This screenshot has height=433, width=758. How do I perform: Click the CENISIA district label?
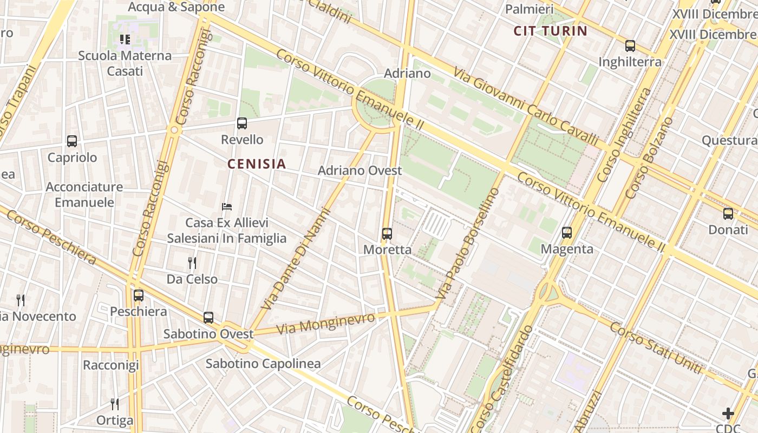(x=257, y=164)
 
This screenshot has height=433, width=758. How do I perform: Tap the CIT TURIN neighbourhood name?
(x=551, y=31)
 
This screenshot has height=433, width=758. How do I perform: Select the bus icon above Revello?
(x=242, y=123)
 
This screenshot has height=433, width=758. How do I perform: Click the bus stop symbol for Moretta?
(x=387, y=234)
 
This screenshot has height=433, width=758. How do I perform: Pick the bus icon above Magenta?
(x=567, y=233)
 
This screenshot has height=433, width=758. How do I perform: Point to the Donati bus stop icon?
(x=728, y=214)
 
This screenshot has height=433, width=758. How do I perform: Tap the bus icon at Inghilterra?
(x=630, y=46)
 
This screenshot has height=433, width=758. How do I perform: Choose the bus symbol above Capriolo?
(x=72, y=141)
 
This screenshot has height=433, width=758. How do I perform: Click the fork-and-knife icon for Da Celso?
(x=192, y=263)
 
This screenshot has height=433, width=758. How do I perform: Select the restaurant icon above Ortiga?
(x=115, y=404)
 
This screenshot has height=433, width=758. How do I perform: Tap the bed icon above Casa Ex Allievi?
(x=227, y=207)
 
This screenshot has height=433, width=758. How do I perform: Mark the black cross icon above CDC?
(x=728, y=414)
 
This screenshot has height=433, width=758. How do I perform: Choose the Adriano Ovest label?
(x=360, y=170)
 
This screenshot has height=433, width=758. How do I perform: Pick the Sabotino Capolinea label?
(x=263, y=364)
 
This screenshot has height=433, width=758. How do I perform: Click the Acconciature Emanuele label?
(x=84, y=195)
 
